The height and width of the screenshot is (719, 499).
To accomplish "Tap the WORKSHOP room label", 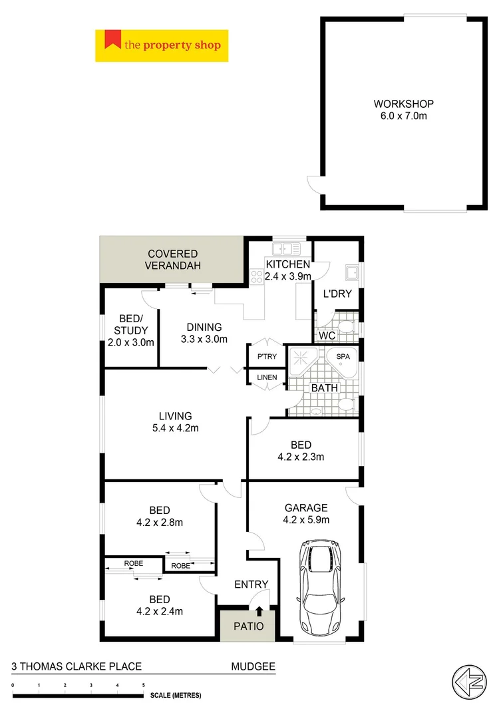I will [403, 104].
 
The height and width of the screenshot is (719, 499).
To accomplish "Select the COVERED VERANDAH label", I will [173, 260].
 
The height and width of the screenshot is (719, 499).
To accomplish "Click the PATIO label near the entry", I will [248, 626].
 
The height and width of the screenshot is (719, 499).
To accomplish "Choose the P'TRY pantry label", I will [266, 357].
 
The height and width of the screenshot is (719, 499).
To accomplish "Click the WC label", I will [326, 336].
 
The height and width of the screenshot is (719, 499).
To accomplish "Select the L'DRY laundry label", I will [337, 294].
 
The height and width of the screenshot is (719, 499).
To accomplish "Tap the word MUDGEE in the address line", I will [253, 666].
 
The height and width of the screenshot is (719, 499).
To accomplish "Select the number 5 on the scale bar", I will [143, 685].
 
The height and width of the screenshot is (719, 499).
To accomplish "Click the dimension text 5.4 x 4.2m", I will [174, 428].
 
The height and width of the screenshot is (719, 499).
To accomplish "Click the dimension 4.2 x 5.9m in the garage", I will [306, 520].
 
